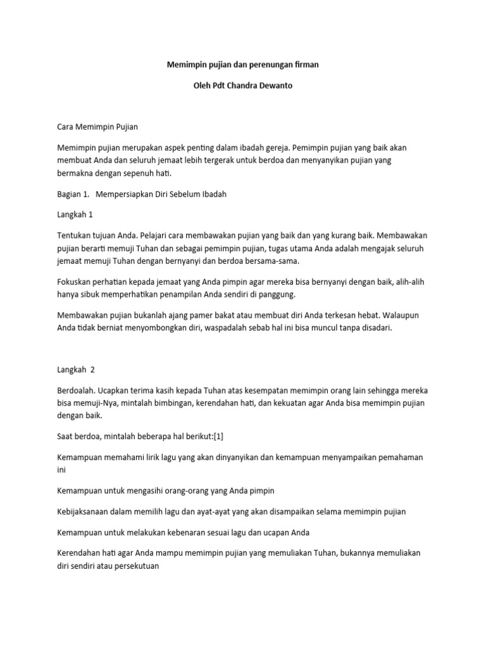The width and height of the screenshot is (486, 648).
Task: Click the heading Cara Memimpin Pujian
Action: tap(97, 127)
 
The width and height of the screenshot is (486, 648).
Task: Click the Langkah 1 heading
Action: tap(75, 215)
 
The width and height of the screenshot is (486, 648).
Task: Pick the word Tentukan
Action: tap(74, 235)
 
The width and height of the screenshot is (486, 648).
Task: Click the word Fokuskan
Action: tap(75, 282)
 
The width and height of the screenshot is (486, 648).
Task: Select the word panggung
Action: tap(277, 294)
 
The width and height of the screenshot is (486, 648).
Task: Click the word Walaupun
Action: tap(406, 316)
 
